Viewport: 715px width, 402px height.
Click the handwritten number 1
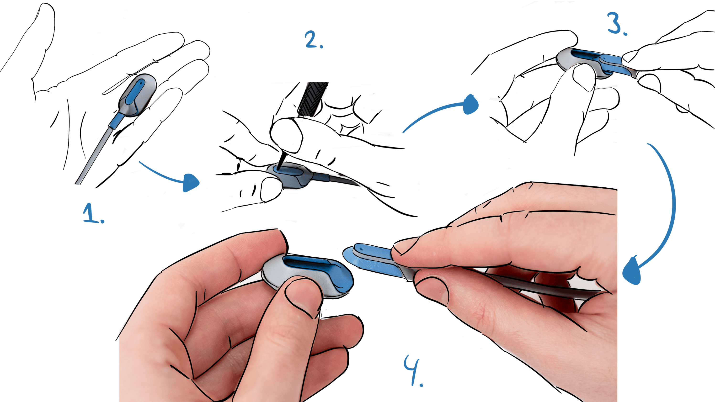click(93, 214)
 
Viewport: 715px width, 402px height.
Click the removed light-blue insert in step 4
click(373, 259)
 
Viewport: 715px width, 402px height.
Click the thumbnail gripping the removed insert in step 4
click(407, 247)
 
